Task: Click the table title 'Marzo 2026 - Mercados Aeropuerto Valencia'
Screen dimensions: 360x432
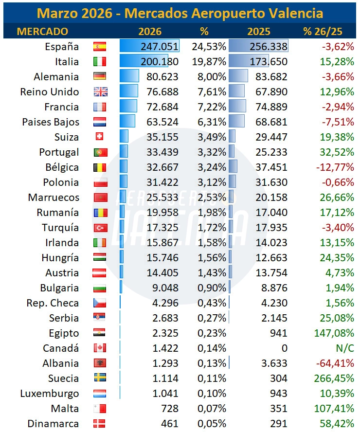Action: point(180,13)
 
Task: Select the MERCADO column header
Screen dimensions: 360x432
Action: point(42,32)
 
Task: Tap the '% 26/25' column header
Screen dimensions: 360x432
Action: point(323,32)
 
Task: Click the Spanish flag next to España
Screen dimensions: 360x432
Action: point(100,47)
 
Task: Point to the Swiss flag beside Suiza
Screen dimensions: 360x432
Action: point(99,136)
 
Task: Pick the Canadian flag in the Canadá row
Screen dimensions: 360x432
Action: point(100,348)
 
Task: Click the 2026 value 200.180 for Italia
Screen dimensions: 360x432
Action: point(160,61)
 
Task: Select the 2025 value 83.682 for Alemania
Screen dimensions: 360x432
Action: point(271,76)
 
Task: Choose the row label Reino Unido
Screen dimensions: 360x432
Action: point(50,92)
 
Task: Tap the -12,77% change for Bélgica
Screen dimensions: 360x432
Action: point(335,167)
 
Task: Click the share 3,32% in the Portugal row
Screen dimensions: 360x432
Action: point(212,152)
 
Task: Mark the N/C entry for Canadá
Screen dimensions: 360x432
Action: point(345,348)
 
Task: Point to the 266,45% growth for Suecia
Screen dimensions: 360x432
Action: point(334,378)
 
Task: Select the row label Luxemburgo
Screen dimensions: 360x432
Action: point(50,394)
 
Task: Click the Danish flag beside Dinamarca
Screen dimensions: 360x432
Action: point(99,423)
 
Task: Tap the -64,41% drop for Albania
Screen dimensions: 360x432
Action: point(335,363)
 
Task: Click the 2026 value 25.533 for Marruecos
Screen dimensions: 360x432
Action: point(162,197)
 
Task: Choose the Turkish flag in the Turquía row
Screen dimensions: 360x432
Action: point(100,228)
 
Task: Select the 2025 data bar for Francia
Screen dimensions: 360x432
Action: point(237,107)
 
